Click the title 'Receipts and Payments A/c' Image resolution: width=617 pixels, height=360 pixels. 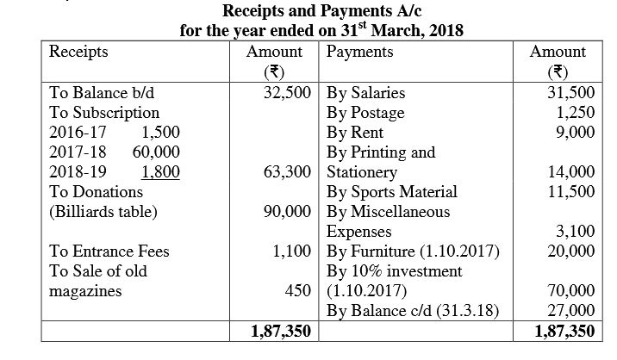click(308, 12)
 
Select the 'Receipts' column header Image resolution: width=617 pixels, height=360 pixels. click(79, 52)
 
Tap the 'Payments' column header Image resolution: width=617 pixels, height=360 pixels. click(359, 52)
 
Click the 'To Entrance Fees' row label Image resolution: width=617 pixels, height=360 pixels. click(109, 251)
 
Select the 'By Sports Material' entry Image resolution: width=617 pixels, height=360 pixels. click(392, 191)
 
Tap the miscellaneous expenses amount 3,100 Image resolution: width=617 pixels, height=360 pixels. click(576, 232)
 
